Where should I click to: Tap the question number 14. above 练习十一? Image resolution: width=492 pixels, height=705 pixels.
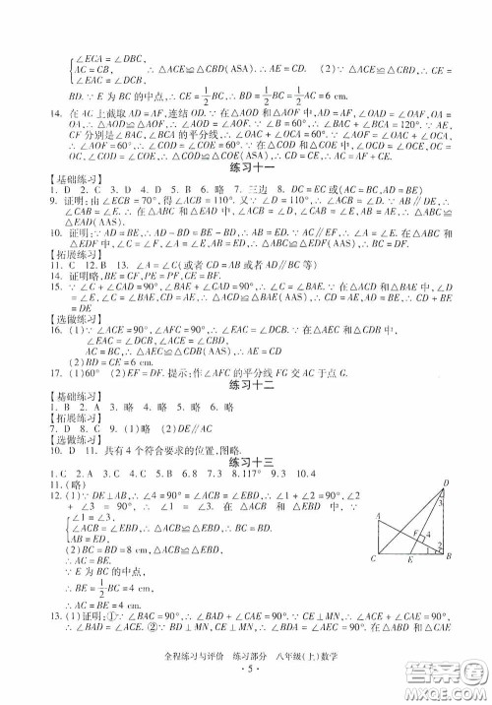(x=42, y=113)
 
